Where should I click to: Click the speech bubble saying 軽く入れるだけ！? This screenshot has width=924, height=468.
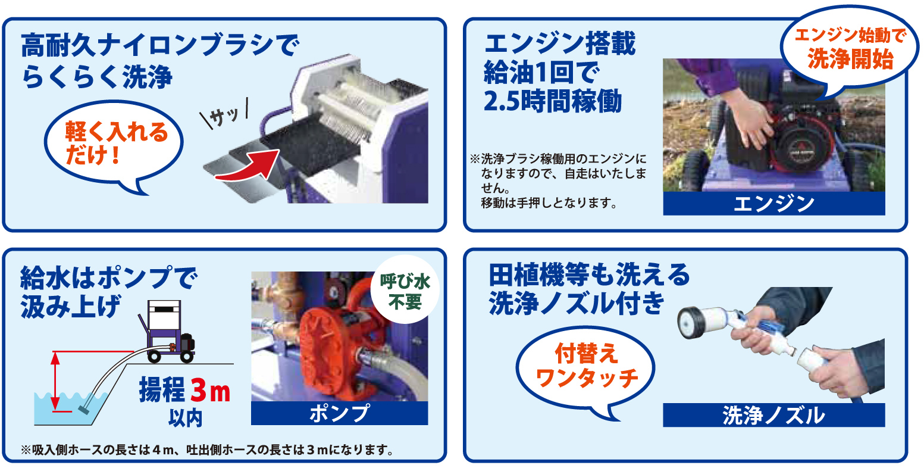coord(114,145)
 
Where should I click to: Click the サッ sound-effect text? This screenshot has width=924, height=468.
coord(224,114)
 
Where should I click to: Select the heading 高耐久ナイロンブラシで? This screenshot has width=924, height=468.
coord(160,45)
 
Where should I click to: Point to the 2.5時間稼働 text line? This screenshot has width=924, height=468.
coord(553,101)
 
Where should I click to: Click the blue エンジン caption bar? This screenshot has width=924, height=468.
coord(774,204)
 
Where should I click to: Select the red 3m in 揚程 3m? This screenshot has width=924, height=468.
coord(210,391)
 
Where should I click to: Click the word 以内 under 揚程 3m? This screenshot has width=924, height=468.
coord(185,418)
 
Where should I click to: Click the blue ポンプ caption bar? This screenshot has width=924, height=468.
coord(340,413)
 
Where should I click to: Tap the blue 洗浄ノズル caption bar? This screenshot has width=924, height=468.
coord(774,415)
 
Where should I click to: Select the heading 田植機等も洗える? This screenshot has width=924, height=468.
coord(589,275)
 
